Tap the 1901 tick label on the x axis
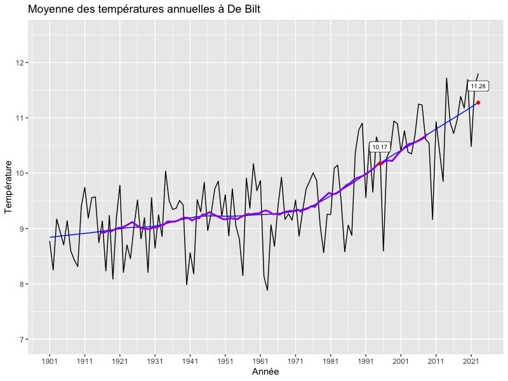(50, 360)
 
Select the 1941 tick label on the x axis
(190, 360)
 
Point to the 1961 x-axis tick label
(260, 360)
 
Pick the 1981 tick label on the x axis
(330, 360)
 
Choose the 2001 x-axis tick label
(400, 360)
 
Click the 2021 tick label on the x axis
(471, 360)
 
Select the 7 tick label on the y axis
(22, 339)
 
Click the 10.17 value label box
(380, 147)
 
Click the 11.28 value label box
(478, 86)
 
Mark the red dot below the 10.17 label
(380, 164)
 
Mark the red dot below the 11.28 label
(478, 102)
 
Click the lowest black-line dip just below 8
(267, 290)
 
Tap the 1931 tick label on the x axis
(155, 360)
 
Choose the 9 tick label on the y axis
(22, 229)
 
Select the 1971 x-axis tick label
(295, 360)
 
